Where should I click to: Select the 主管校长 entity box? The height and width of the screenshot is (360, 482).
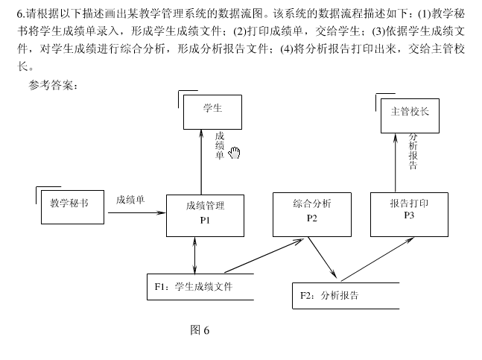pos(410,114)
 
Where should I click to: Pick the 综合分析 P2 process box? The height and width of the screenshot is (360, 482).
pos(312,213)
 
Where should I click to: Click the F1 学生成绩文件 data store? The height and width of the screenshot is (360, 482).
pos(200,287)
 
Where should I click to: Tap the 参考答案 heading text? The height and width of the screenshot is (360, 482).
pos(53,85)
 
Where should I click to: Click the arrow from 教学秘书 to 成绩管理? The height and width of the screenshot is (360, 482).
pos(137,213)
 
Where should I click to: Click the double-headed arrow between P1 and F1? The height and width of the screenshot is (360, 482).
pos(194,255)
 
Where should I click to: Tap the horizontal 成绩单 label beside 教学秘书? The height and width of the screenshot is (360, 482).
pos(130,200)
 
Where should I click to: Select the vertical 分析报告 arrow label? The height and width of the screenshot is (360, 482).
pos(413,151)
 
